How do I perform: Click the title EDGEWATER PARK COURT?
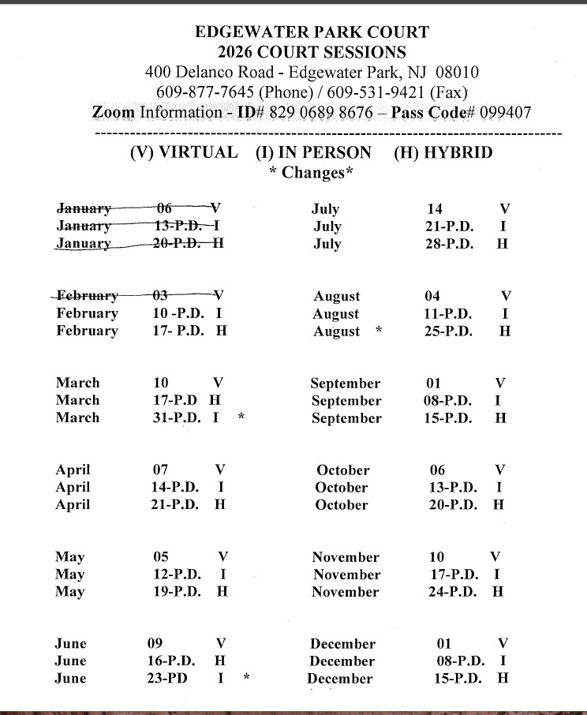click(312, 32)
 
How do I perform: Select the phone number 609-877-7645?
click(199, 92)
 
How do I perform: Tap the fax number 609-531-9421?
click(364, 92)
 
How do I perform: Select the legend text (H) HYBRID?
click(443, 152)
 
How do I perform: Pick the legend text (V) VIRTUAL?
click(183, 152)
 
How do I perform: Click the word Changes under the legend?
click(313, 173)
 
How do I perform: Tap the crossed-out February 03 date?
click(160, 295)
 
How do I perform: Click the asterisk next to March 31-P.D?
click(241, 418)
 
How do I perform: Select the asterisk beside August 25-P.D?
click(379, 331)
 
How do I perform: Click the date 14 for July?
click(435, 209)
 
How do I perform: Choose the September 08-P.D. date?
click(448, 401)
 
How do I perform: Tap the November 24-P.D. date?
click(454, 592)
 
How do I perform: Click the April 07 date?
click(160, 470)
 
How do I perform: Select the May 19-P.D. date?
click(177, 592)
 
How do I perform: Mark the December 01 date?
click(444, 643)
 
